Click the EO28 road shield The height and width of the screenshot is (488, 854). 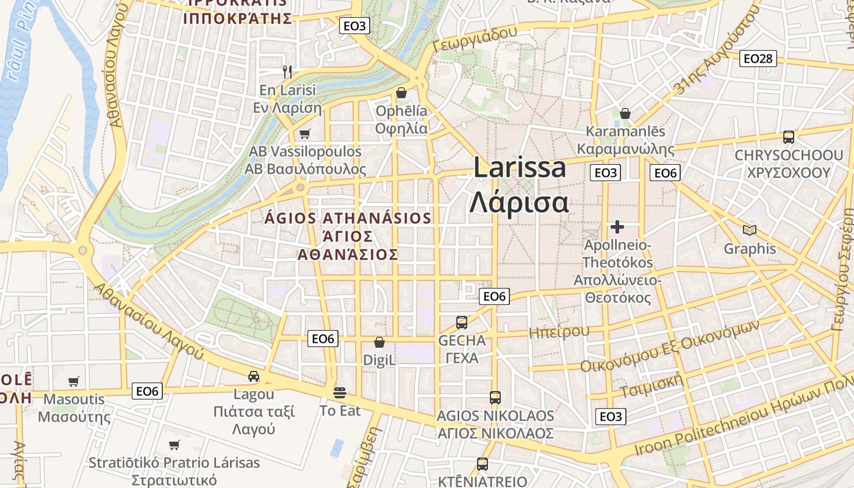[758, 59]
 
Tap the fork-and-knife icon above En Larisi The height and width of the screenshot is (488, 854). [288, 71]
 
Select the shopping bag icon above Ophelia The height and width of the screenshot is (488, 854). [401, 93]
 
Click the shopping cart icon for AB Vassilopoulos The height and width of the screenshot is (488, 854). [304, 134]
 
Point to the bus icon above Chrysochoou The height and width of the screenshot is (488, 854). [788, 137]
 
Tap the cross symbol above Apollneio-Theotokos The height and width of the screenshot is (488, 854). [617, 227]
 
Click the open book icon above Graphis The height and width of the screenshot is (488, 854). [750, 230]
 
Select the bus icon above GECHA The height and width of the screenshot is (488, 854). [462, 322]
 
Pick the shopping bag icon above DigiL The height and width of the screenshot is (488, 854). [379, 342]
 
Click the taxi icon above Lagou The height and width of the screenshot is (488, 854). [254, 376]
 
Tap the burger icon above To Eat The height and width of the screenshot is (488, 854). [340, 392]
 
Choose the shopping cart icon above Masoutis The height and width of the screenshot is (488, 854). [74, 382]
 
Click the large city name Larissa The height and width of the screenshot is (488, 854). [520, 168]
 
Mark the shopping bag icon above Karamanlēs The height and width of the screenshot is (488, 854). [625, 113]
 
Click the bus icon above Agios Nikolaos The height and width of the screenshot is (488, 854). [495, 398]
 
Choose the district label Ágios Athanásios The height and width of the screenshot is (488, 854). [348, 218]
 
